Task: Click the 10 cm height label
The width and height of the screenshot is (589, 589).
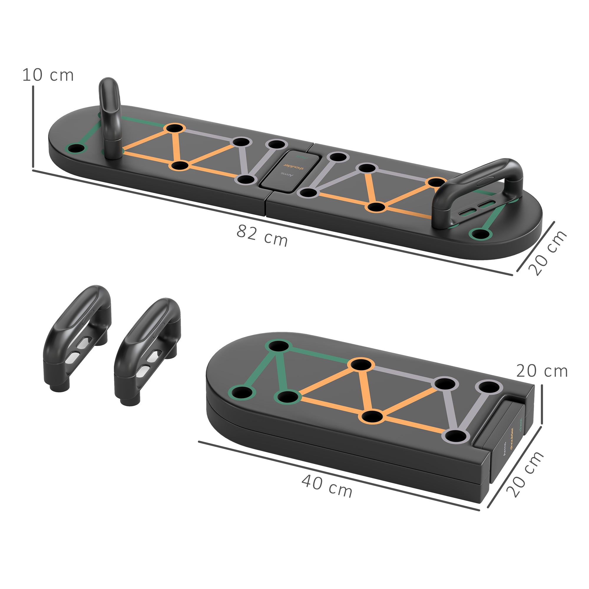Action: tap(48, 75)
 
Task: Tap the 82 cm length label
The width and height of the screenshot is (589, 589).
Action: tap(262, 235)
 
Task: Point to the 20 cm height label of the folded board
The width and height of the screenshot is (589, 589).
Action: tap(542, 371)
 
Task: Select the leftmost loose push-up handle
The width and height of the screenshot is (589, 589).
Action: tap(78, 338)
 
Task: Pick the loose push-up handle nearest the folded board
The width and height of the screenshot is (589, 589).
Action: tap(148, 350)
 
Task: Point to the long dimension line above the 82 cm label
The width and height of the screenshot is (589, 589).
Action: tap(271, 223)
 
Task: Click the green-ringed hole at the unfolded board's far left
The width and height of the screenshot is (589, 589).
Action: tap(76, 149)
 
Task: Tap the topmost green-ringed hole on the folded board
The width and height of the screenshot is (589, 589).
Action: tap(277, 346)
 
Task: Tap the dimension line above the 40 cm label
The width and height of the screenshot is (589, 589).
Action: tap(338, 476)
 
